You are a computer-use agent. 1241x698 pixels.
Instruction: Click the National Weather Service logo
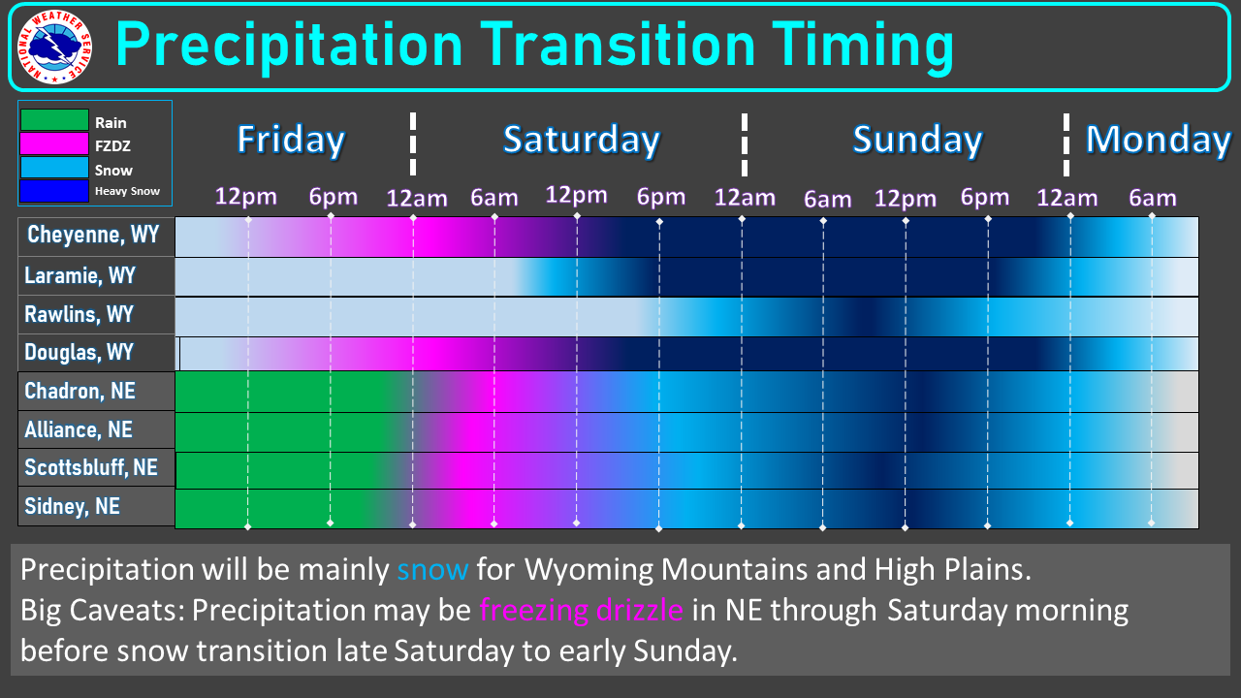coord(55,48)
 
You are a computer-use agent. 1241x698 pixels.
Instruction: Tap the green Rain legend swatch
coord(54,119)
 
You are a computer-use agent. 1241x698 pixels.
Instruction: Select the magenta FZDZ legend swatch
coord(54,143)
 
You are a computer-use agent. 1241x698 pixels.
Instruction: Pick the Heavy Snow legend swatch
coord(54,191)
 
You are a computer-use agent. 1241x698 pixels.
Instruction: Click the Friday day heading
coord(291,140)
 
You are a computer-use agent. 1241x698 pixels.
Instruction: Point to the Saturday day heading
coord(581,140)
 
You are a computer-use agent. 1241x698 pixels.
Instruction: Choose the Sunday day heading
coord(917,140)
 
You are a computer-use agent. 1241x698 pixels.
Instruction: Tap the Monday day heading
coord(1158,140)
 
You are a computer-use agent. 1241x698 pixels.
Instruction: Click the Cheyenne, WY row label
coord(93,235)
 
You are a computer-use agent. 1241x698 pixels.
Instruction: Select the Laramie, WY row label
coord(80,275)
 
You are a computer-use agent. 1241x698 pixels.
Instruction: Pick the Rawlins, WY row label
coord(79,314)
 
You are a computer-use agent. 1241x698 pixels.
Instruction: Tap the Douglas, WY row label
coord(79,352)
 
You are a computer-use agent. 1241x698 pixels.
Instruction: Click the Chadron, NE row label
coord(80,391)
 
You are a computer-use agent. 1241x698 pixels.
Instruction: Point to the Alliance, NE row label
coord(79,429)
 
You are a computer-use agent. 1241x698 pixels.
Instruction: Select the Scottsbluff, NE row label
coord(91,467)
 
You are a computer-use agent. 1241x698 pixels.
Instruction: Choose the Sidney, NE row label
coord(72,506)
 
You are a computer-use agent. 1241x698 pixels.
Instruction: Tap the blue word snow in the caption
coord(432,569)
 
